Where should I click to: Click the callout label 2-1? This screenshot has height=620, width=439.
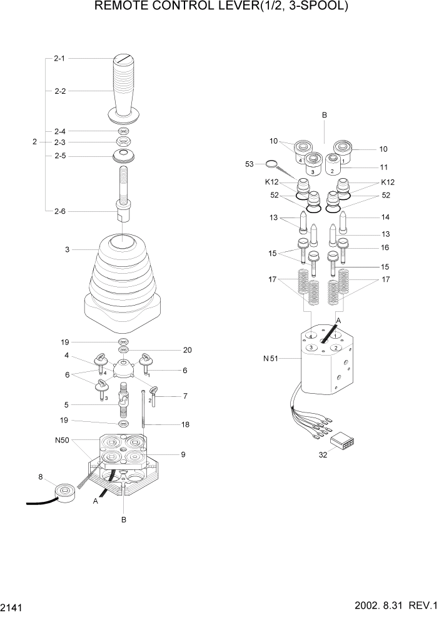(59, 58)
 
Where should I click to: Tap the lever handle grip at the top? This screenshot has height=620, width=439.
(123, 87)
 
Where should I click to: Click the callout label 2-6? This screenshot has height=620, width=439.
(59, 211)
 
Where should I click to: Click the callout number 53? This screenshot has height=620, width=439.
(250, 164)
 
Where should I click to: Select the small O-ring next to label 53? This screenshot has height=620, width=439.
(270, 164)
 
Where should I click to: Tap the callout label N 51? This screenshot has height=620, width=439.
(271, 359)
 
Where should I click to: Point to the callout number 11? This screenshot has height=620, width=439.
(383, 167)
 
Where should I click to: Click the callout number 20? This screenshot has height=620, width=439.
(187, 350)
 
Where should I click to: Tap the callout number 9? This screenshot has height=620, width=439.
(183, 454)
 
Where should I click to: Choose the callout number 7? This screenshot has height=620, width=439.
(185, 396)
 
